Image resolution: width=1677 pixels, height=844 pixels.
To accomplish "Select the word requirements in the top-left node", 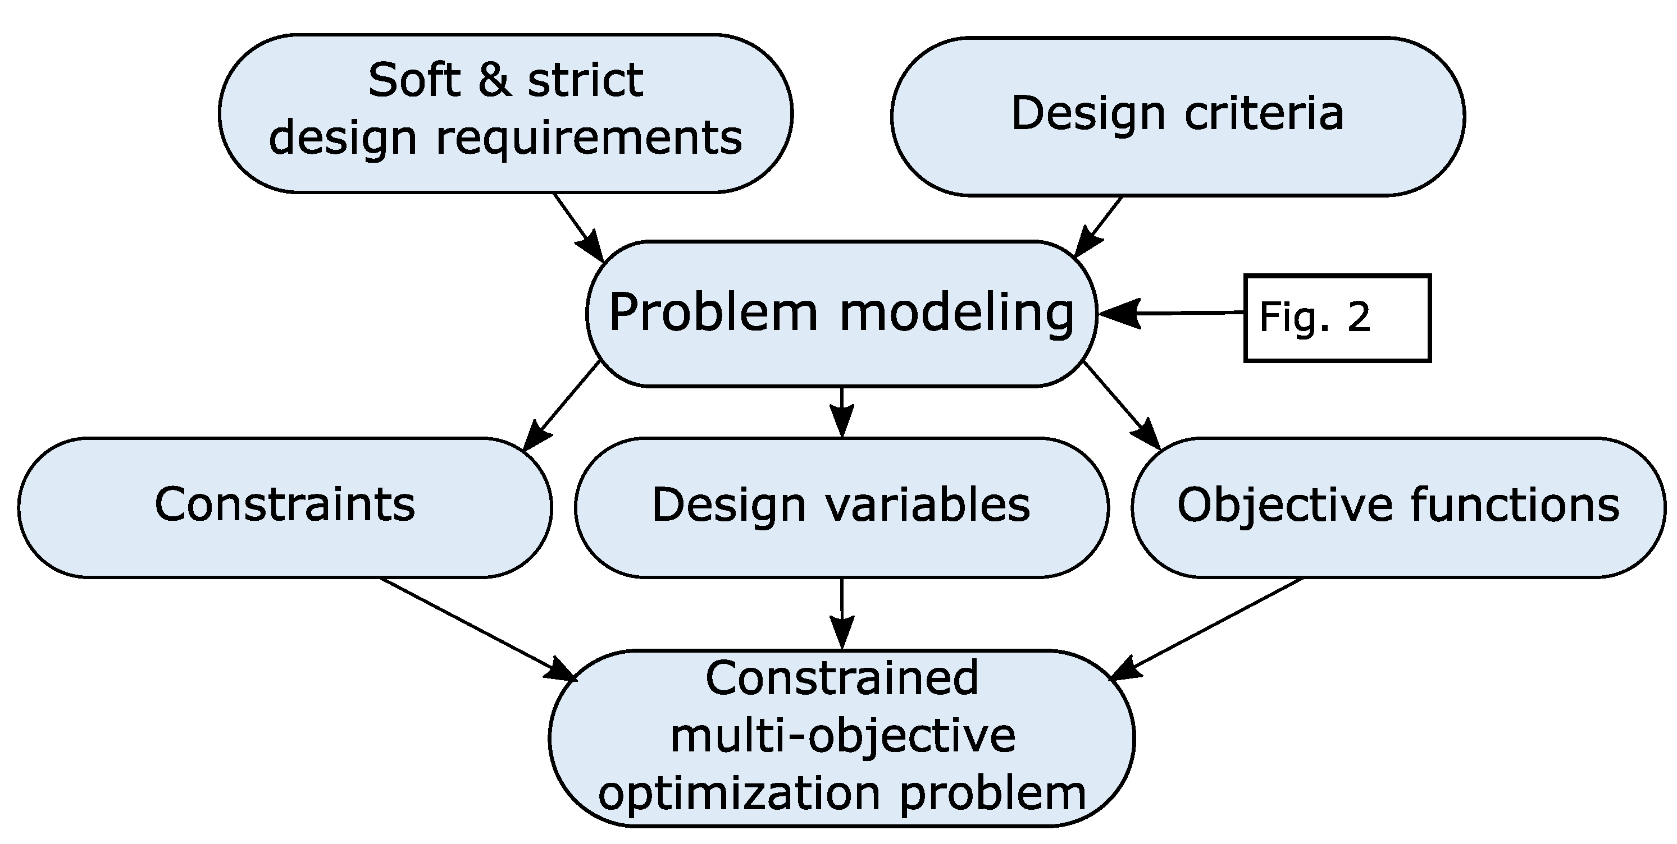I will (589, 138).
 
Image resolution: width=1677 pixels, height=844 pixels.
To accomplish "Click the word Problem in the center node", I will (713, 313).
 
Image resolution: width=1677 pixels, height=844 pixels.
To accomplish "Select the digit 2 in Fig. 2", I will (1359, 317).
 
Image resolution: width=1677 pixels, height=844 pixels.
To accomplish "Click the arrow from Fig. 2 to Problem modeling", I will (1172, 313).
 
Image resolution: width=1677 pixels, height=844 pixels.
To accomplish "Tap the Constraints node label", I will (285, 504).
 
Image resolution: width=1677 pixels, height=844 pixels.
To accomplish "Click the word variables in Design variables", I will (929, 504).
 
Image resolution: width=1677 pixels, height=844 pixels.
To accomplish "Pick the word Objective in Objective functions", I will (1283, 504).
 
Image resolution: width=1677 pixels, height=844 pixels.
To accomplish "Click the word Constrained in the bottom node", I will (841, 678).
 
